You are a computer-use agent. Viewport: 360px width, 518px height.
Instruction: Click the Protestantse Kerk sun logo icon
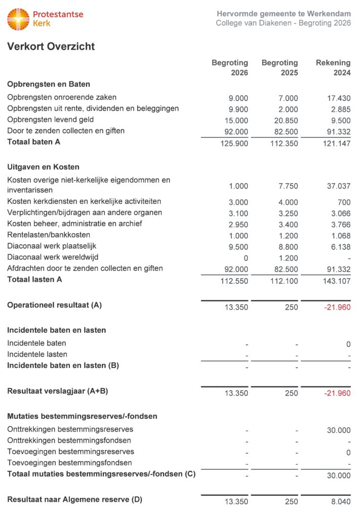[18, 19]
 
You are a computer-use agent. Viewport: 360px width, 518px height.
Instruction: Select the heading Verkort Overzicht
[51, 47]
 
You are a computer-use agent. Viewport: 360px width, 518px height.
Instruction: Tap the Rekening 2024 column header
[333, 68]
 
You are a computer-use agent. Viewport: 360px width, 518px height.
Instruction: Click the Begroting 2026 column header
[230, 68]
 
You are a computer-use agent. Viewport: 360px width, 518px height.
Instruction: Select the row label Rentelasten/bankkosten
[49, 235]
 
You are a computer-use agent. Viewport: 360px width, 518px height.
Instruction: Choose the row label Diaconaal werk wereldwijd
[53, 257]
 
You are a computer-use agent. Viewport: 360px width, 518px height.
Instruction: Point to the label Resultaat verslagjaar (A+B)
[58, 391]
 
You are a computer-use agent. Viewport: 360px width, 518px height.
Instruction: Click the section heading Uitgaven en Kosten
[43, 166]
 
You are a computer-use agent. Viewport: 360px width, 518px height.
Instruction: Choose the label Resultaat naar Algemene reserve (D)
[74, 499]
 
